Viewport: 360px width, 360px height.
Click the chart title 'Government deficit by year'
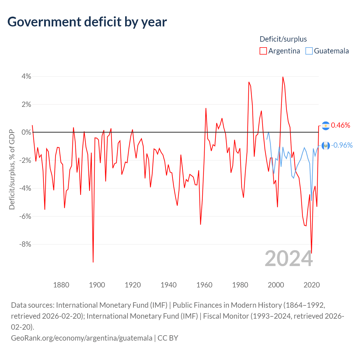87,22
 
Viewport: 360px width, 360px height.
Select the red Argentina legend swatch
263,51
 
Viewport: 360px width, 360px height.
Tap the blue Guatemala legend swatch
309,51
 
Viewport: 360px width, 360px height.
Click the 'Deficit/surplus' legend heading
283,39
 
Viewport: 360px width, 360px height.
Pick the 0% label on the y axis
26,132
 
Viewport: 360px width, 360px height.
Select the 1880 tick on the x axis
61,285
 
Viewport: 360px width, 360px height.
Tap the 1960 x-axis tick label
204,285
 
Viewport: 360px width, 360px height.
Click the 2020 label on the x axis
312,285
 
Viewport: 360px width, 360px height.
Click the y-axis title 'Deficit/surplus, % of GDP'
12,169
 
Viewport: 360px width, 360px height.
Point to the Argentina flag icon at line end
326,125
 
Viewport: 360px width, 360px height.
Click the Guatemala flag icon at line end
326,145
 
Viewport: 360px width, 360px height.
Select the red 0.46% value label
341,125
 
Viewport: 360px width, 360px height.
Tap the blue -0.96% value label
342,145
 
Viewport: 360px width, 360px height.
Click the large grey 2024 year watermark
289,258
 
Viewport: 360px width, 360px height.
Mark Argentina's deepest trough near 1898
93,262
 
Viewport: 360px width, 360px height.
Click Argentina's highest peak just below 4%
283,77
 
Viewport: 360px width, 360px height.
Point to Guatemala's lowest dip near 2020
311,200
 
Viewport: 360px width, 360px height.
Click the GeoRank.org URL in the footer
82,338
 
